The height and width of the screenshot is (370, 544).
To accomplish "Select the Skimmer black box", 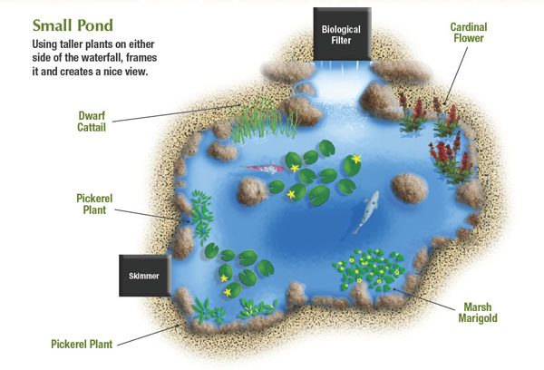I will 144,275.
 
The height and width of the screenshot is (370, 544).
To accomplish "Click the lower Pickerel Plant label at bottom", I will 83,343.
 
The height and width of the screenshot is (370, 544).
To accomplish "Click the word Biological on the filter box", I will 341,28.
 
